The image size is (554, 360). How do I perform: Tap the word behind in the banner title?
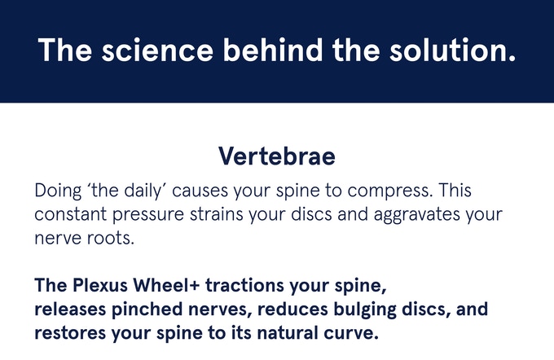click(x=263, y=50)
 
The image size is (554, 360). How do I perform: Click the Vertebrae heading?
click(x=277, y=156)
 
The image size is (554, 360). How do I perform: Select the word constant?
click(x=68, y=216)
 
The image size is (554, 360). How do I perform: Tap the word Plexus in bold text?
click(x=100, y=287)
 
